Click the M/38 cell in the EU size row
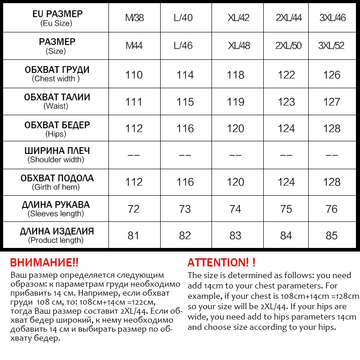(x=134, y=18)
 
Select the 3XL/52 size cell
(x=332, y=45)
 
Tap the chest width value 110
(x=134, y=75)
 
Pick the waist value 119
(x=235, y=102)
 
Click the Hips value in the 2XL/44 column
(x=286, y=129)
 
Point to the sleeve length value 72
(x=134, y=209)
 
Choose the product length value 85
(x=332, y=235)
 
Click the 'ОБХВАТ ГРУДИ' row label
(x=57, y=70)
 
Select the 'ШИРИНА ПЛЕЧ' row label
(x=57, y=151)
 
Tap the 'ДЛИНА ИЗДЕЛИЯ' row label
(x=57, y=231)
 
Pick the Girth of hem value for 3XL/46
(x=332, y=182)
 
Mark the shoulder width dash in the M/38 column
(x=134, y=155)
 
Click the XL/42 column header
(x=238, y=18)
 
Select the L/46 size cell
(x=183, y=45)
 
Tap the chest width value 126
(x=332, y=75)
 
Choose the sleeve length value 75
(x=286, y=209)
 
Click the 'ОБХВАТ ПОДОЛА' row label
(x=57, y=178)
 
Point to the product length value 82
(x=184, y=235)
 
